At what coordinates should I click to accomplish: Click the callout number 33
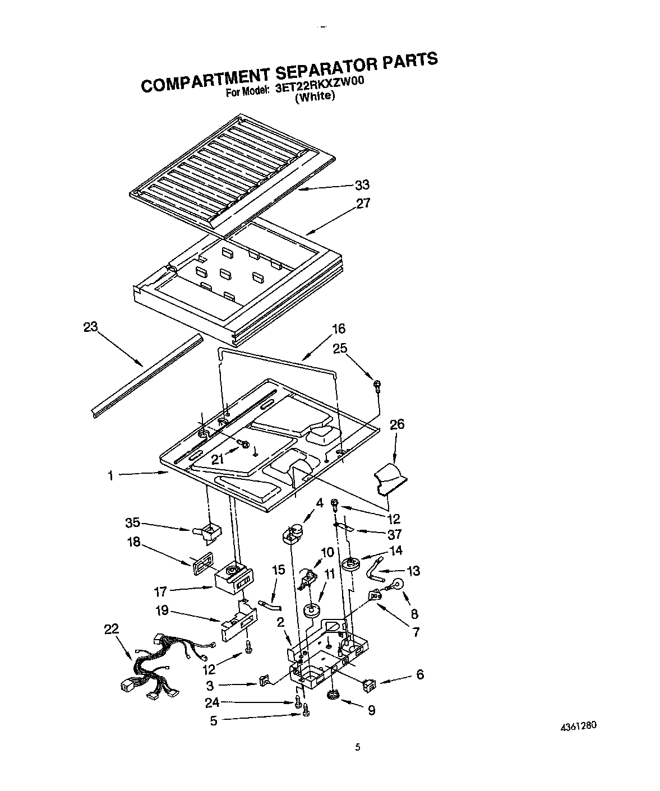tap(362, 185)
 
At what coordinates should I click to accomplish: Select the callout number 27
tap(363, 203)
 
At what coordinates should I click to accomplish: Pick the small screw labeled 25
tap(377, 385)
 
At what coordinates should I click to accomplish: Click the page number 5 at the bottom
tap(358, 747)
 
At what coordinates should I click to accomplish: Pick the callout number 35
tap(132, 524)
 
